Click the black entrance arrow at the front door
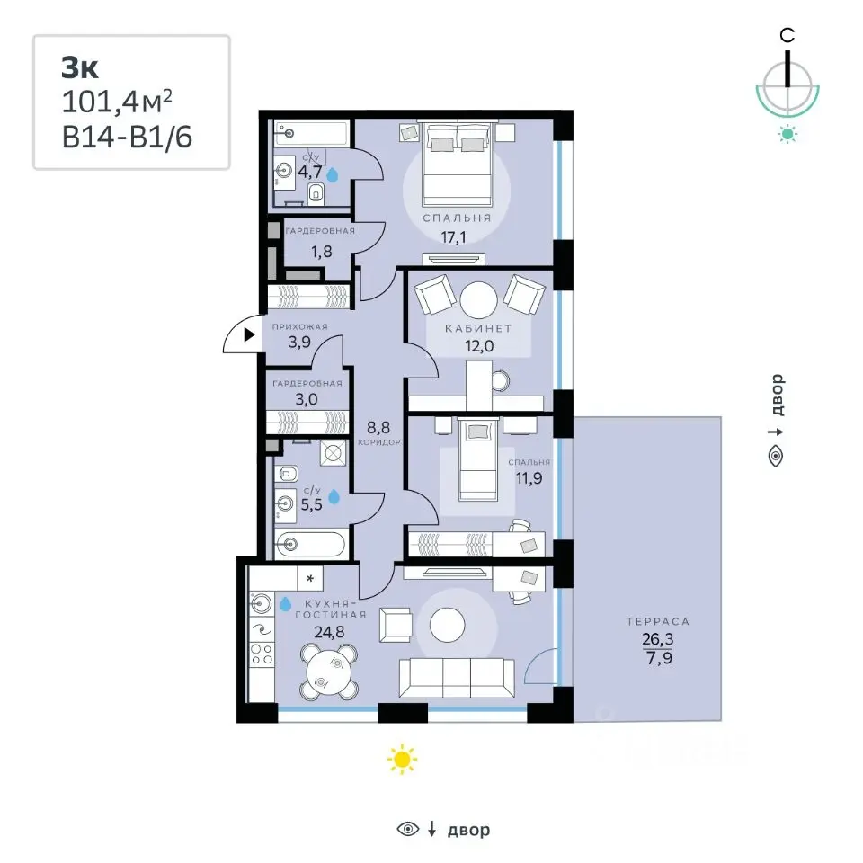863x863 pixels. pyautogui.click(x=249, y=334)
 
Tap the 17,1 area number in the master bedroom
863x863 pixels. pyautogui.click(x=453, y=237)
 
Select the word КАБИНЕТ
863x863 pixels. pyautogui.click(x=478, y=329)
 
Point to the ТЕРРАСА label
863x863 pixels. pyautogui.click(x=658, y=621)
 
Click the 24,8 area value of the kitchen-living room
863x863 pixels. pyautogui.click(x=329, y=632)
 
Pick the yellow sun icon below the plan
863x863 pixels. pyautogui.click(x=402, y=760)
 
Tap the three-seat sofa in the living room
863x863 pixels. pyautogui.click(x=457, y=678)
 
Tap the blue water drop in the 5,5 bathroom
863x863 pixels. pyautogui.click(x=334, y=497)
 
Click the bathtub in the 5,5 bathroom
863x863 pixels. pyautogui.click(x=310, y=545)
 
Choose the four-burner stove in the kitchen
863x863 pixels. pyautogui.click(x=262, y=654)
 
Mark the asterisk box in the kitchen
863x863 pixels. pyautogui.click(x=310, y=578)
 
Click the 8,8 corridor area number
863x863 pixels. pyautogui.click(x=378, y=427)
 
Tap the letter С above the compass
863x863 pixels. pyautogui.click(x=787, y=36)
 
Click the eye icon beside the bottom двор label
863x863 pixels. pyautogui.click(x=408, y=828)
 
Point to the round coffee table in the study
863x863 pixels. pyautogui.click(x=478, y=300)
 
